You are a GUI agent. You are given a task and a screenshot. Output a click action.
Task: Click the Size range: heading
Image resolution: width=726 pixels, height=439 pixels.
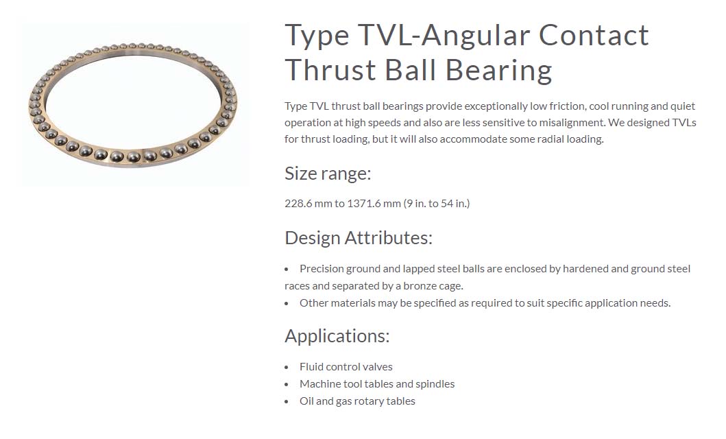point(328,174)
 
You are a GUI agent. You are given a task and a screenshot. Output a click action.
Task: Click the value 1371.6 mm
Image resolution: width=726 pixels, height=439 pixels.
point(374,203)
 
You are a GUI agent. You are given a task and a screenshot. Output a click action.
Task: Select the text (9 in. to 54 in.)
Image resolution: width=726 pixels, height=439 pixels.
point(437,203)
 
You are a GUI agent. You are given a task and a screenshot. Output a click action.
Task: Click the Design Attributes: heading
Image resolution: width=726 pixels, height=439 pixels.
point(359,238)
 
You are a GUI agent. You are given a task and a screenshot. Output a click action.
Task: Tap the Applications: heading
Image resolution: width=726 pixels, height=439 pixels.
point(337,336)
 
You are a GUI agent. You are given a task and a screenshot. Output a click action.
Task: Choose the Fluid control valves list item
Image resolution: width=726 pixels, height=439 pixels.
point(346,367)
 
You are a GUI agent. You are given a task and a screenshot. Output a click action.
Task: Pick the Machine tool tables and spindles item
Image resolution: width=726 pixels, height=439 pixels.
point(377,384)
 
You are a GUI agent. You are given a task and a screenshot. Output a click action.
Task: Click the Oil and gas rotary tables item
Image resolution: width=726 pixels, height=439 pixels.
point(357,401)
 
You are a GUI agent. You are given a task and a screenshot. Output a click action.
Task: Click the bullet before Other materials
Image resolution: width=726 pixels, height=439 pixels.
point(287,304)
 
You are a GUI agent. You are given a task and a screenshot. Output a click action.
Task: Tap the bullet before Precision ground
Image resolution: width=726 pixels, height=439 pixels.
point(287,270)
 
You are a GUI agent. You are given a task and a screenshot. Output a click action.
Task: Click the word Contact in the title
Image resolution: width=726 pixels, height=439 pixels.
point(594,36)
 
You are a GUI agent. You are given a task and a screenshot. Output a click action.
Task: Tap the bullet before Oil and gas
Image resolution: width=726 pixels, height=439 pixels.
point(287,402)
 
